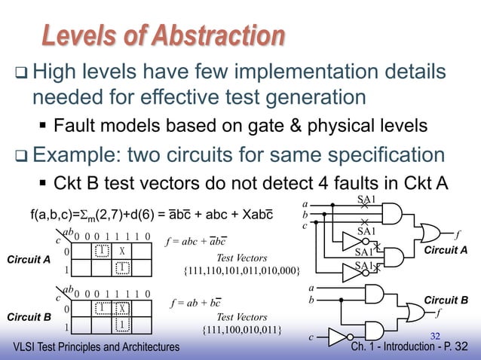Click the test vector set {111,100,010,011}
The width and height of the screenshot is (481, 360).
[242, 330]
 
